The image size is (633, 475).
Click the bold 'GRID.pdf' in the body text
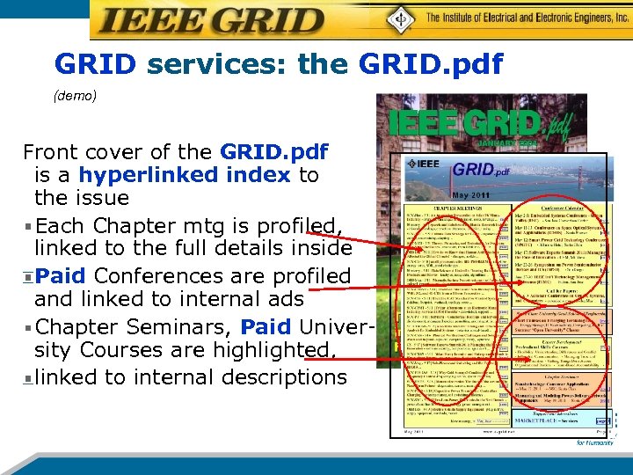click(273, 151)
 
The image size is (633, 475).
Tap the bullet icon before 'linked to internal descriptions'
click(29, 378)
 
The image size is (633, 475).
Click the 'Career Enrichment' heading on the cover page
click(554, 341)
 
